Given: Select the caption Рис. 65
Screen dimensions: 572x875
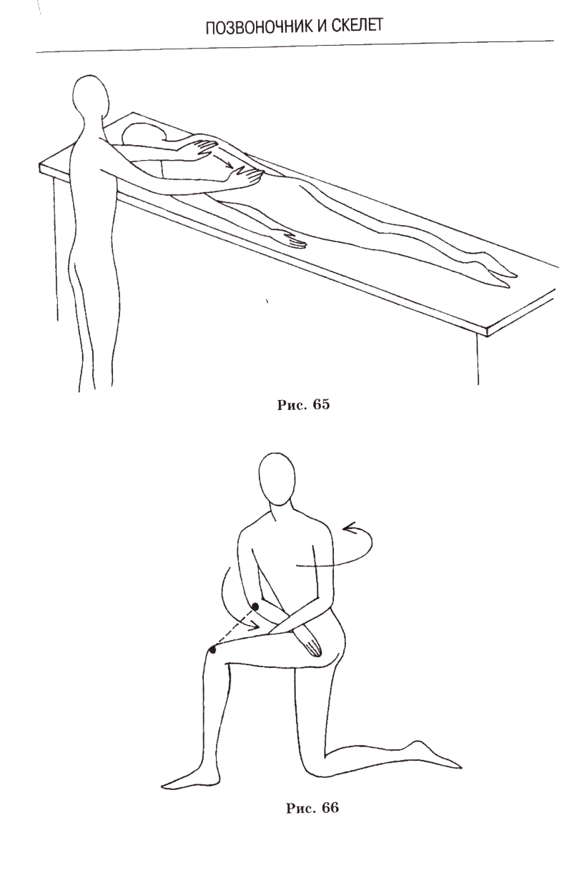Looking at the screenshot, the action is pos(303,405).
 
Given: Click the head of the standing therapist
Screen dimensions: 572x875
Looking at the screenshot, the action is pos(91,96).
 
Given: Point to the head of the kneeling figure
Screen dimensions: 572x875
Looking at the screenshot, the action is pos(276,479).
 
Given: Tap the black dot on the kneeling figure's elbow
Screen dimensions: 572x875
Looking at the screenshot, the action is pos(255,606).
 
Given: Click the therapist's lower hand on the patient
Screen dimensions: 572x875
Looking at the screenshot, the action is pos(246,174).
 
